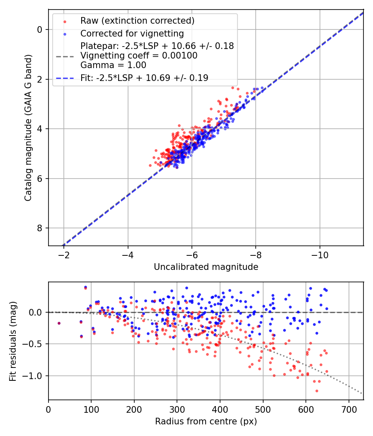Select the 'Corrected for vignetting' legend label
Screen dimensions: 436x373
[x=132, y=33]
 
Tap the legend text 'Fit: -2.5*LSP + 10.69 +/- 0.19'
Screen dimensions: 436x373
[x=144, y=78]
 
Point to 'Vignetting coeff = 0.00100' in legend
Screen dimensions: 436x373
[x=139, y=56]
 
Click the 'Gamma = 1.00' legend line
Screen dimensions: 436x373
[x=113, y=65]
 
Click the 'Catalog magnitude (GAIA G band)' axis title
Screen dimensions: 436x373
[x=28, y=127]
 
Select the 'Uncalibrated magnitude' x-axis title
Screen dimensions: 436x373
[x=206, y=267]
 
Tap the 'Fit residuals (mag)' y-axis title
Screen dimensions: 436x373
[x=13, y=341]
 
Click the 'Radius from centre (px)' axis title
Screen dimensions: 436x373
[x=206, y=421]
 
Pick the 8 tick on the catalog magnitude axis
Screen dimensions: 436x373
[x=39, y=228]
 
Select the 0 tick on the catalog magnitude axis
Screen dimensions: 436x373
[x=39, y=29]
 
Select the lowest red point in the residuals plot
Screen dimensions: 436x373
[x=317, y=391]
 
